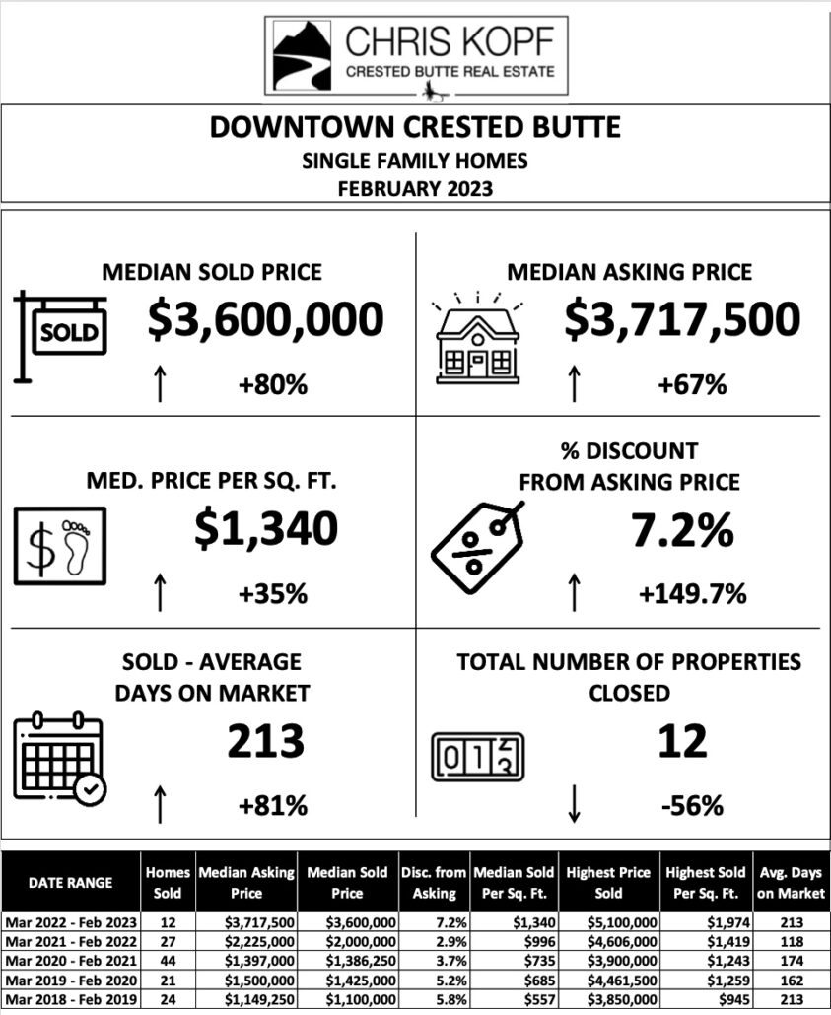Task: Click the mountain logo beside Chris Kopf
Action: pos(303,57)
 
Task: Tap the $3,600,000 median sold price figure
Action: pos(265,319)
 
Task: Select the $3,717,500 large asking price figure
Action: pos(682,319)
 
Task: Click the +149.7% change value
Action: pos(692,594)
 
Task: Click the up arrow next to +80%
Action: pos(159,383)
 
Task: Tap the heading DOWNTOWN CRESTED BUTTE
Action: pos(415,128)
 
